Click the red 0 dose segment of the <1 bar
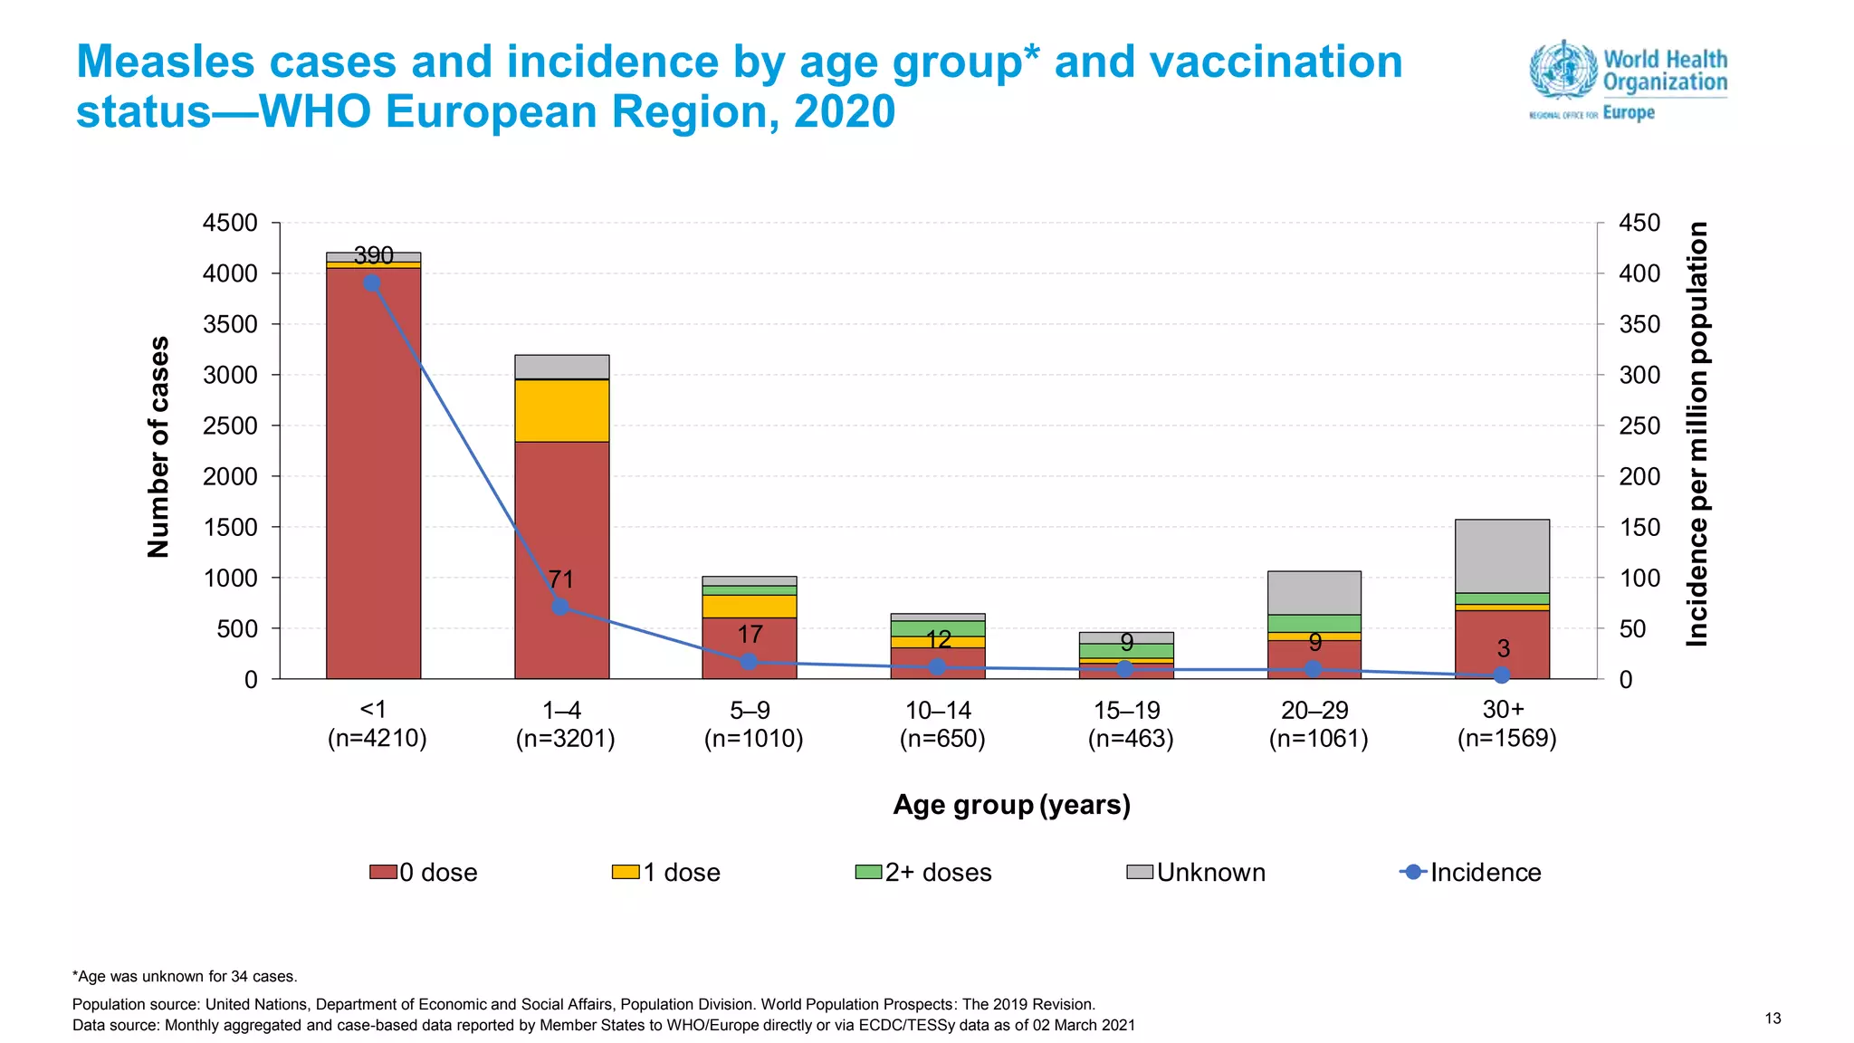(373, 471)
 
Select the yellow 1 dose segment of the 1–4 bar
(561, 410)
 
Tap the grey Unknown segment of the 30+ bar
(1502, 556)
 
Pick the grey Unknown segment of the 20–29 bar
(1314, 593)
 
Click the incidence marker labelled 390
(372, 283)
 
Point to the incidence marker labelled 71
(560, 607)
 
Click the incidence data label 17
(750, 635)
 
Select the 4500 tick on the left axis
(231, 223)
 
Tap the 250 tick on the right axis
(1639, 426)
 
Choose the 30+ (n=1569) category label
(1506, 724)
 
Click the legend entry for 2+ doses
(923, 873)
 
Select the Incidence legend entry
(1471, 873)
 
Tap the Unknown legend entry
(1197, 873)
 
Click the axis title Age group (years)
(1011, 805)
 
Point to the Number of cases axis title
(158, 447)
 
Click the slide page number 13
(1773, 1019)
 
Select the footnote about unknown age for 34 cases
(185, 977)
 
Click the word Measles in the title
(166, 62)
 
